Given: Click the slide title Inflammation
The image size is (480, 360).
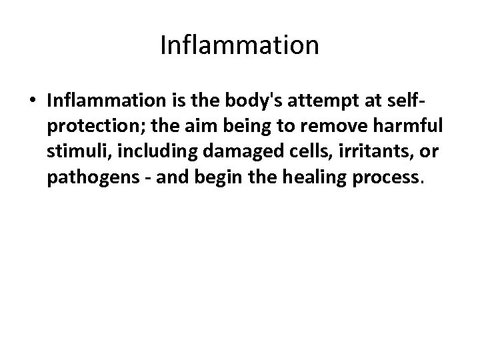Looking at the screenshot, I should click(240, 45).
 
